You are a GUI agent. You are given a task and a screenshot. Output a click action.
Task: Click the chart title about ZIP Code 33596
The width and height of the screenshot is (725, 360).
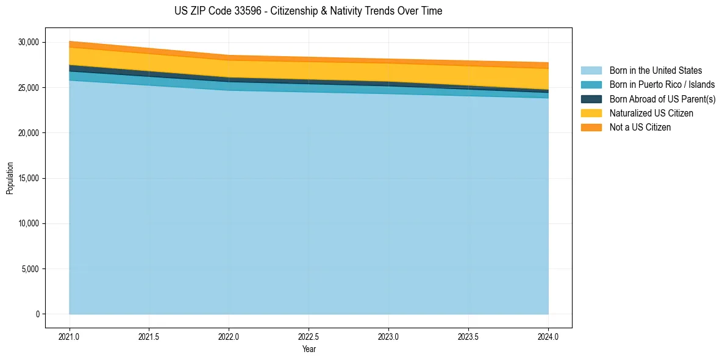(x=308, y=11)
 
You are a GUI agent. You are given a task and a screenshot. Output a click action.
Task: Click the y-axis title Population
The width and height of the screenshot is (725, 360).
(x=10, y=178)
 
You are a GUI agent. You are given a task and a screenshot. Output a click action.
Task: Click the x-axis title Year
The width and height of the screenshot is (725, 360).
(x=309, y=349)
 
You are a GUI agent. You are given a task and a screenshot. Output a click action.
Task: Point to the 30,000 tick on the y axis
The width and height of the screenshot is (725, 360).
(x=28, y=42)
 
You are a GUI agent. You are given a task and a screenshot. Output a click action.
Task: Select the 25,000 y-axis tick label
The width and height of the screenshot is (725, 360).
(x=28, y=88)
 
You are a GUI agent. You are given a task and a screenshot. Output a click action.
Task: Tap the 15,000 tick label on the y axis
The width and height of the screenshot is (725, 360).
(x=28, y=178)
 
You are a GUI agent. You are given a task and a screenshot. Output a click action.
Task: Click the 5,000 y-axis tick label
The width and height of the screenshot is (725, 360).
(x=30, y=269)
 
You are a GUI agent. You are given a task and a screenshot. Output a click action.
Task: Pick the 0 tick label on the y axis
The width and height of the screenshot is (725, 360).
(x=37, y=314)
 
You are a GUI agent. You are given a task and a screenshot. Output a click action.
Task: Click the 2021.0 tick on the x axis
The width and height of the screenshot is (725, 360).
(x=70, y=336)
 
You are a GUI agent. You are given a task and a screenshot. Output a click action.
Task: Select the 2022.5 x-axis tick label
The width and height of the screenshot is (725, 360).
(x=309, y=336)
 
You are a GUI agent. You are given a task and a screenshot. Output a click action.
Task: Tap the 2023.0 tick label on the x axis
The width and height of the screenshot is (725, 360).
(x=388, y=336)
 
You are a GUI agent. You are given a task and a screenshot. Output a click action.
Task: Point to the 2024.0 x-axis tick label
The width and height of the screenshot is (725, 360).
(x=548, y=336)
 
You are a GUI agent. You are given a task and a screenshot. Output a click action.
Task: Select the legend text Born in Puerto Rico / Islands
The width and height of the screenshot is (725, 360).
(x=662, y=85)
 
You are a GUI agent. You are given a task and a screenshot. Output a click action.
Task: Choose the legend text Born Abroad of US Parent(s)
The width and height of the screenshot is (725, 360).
(x=662, y=99)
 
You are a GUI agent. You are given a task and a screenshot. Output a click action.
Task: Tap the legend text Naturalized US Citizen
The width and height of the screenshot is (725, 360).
(x=651, y=113)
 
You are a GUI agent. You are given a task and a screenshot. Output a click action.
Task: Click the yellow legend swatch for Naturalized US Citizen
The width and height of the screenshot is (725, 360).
(x=591, y=113)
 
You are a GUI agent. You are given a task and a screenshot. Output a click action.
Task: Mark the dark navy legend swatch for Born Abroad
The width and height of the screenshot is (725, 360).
(x=591, y=99)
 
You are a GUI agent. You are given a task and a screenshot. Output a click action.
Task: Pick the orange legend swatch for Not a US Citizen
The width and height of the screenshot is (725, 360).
(x=591, y=128)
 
